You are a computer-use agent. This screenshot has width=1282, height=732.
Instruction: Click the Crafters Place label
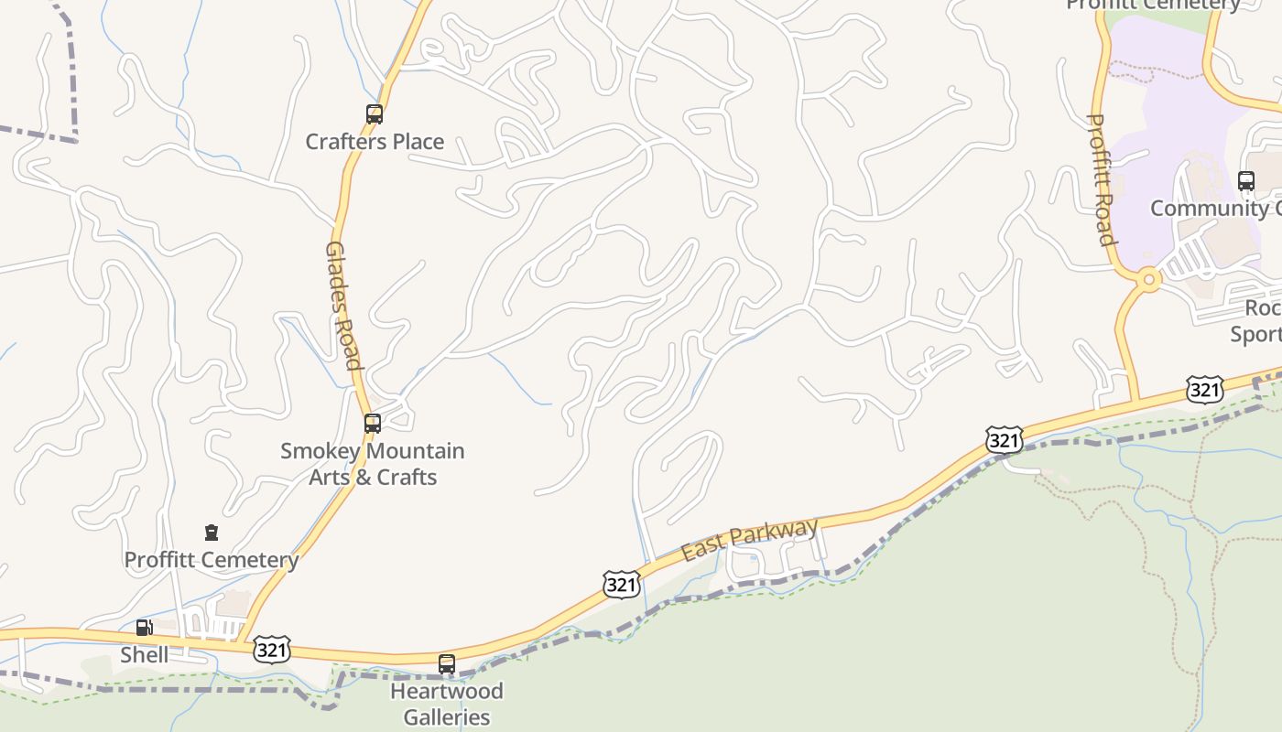point(375,142)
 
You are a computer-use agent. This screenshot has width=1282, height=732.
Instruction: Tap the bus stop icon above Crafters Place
point(375,114)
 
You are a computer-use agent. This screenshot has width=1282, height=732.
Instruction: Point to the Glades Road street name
point(342,306)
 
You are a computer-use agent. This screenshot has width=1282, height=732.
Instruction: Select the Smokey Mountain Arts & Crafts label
point(373,464)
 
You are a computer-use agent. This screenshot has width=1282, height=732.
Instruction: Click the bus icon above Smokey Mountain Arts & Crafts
point(373,424)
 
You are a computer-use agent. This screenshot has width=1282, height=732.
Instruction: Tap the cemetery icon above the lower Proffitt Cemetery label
point(212,533)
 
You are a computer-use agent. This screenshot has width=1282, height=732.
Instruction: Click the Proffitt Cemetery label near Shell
point(212,560)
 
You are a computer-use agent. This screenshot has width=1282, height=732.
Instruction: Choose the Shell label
point(145,655)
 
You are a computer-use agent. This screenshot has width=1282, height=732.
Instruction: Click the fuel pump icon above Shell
point(144,628)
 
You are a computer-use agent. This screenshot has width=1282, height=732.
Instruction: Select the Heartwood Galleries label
point(447,704)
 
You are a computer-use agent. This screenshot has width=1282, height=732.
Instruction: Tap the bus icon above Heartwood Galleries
point(447,664)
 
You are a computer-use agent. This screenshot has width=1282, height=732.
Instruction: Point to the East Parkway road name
point(749,540)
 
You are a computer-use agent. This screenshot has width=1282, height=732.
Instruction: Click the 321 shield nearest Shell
point(272,650)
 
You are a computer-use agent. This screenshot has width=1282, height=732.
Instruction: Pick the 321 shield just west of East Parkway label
point(621,584)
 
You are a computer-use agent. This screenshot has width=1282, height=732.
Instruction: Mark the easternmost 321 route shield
point(1204,389)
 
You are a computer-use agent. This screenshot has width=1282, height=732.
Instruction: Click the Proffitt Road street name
point(1101,179)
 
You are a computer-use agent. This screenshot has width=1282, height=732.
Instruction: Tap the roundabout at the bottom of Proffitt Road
point(1147,280)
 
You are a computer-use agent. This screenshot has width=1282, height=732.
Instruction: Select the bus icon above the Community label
point(1246,181)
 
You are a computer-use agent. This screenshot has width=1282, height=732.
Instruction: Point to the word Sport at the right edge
point(1255,334)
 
